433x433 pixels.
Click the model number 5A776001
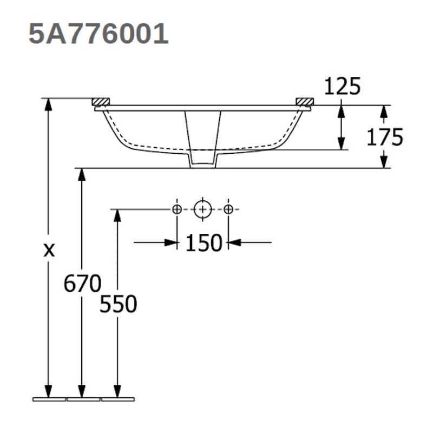pyautogui.click(x=98, y=34)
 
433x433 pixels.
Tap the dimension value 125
pyautogui.click(x=342, y=86)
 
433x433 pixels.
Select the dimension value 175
pyautogui.click(x=385, y=137)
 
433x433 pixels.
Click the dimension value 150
pyautogui.click(x=204, y=244)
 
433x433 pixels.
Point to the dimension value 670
pyautogui.click(x=82, y=283)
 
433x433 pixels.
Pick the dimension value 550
pyautogui.click(x=118, y=305)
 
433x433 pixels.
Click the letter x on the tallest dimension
pyautogui.click(x=49, y=250)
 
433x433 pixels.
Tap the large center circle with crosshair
pyautogui.click(x=203, y=209)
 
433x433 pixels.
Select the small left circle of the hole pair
pyautogui.click(x=177, y=209)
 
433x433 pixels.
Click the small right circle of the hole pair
pyautogui.click(x=228, y=209)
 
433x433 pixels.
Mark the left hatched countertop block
pyautogui.click(x=101, y=101)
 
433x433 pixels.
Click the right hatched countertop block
pyautogui.click(x=305, y=101)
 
